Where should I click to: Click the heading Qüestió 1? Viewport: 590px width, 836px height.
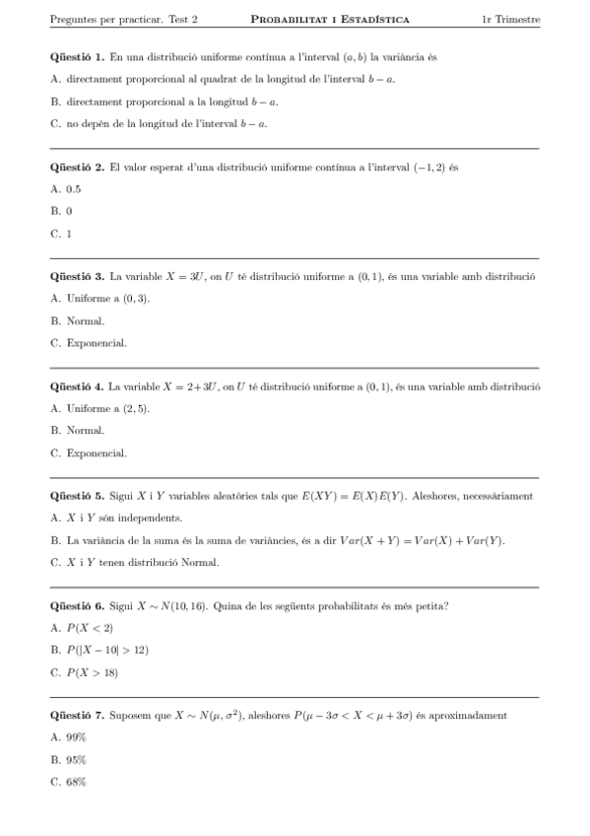click(77, 57)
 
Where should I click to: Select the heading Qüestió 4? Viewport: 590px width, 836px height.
click(77, 385)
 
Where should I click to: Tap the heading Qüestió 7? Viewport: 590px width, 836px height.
click(77, 714)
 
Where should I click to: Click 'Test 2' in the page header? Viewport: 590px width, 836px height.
click(181, 19)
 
